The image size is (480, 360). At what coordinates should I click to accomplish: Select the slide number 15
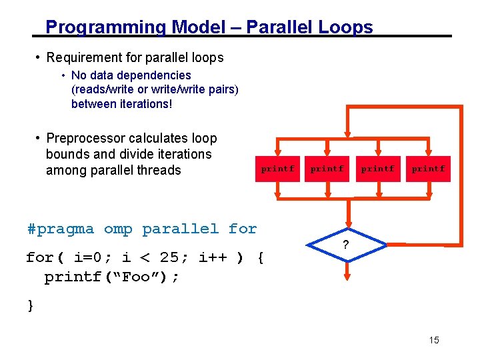434,341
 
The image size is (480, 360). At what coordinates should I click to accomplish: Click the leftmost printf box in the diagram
277,169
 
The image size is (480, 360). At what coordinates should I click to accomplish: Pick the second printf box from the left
327,169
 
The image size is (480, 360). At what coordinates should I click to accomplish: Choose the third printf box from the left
378,169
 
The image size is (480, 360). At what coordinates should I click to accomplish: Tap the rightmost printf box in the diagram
428,169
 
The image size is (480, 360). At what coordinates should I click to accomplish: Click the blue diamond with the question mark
345,245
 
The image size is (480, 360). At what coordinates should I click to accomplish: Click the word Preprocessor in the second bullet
86,139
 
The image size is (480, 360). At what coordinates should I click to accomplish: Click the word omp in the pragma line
118,229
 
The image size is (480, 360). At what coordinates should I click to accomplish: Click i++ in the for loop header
213,257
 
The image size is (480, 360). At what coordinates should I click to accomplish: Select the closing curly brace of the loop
30,305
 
